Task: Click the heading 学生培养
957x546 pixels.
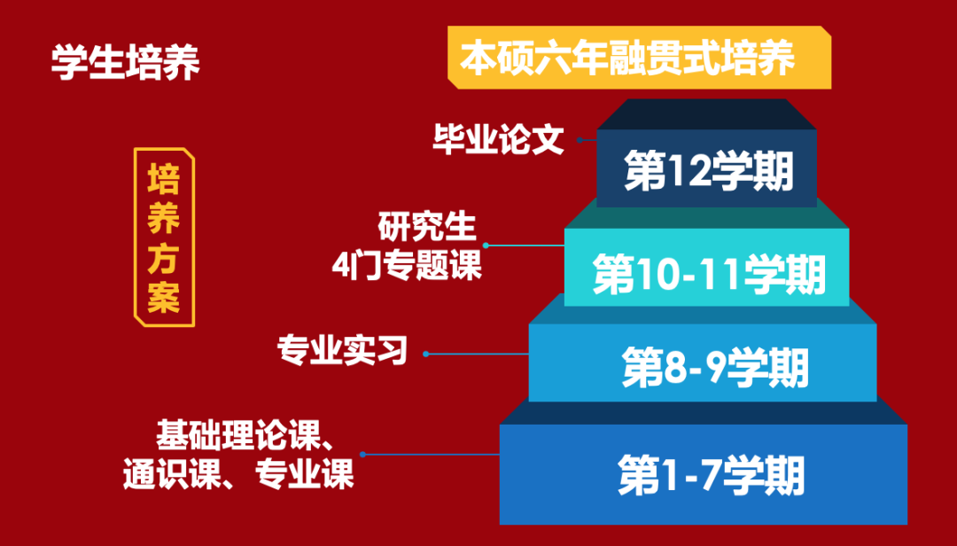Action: pyautogui.click(x=125, y=62)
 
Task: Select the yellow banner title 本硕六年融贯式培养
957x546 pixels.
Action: pyautogui.click(x=626, y=58)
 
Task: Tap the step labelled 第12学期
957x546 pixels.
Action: pyautogui.click(x=708, y=170)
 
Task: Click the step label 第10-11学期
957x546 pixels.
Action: pyautogui.click(x=709, y=274)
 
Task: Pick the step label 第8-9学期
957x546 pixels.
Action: pyautogui.click(x=715, y=368)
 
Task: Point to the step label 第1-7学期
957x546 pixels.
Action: pyautogui.click(x=711, y=475)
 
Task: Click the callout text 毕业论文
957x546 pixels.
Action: pyautogui.click(x=498, y=139)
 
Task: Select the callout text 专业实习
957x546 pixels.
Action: pyautogui.click(x=342, y=351)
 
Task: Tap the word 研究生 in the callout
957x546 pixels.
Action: pyautogui.click(x=426, y=227)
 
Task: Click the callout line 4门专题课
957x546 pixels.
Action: pyautogui.click(x=407, y=266)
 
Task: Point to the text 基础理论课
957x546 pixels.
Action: pyautogui.click(x=238, y=435)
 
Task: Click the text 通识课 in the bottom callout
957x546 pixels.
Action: pyautogui.click(x=172, y=473)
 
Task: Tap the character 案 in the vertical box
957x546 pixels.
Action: pyautogui.click(x=164, y=298)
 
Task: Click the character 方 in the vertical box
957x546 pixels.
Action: pyautogui.click(x=164, y=258)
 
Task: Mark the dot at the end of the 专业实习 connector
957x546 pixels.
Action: pyautogui.click(x=426, y=355)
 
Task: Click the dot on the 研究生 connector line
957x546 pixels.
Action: pyautogui.click(x=486, y=246)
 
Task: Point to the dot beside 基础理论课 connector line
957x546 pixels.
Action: pyautogui.click(x=362, y=455)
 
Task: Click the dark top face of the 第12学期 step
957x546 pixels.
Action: pyautogui.click(x=706, y=114)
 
